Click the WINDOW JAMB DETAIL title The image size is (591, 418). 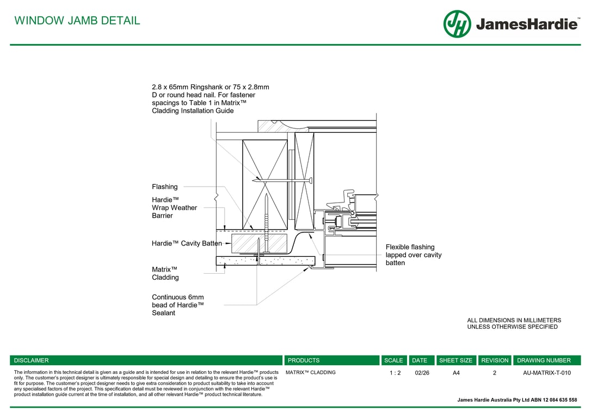coord(77,21)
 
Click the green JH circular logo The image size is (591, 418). coord(457,24)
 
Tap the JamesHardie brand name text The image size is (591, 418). coord(526,24)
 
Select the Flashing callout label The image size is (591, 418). coord(164,187)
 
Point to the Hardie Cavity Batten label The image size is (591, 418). coord(187,243)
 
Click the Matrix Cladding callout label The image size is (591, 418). coord(165,273)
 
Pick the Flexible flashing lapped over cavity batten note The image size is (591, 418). coord(414,255)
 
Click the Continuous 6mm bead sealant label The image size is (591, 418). coord(177,305)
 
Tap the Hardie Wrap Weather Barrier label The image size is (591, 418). coord(174,208)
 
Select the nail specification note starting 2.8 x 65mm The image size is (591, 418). coord(210,99)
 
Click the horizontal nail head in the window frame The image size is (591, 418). coord(310,180)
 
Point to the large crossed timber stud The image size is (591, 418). coord(264,185)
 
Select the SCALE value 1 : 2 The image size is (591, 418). coord(395,373)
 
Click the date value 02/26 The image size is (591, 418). coord(422,373)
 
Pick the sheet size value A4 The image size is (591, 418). coord(456,373)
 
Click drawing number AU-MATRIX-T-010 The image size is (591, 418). coord(546,373)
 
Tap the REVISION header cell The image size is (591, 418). coord(495,360)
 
